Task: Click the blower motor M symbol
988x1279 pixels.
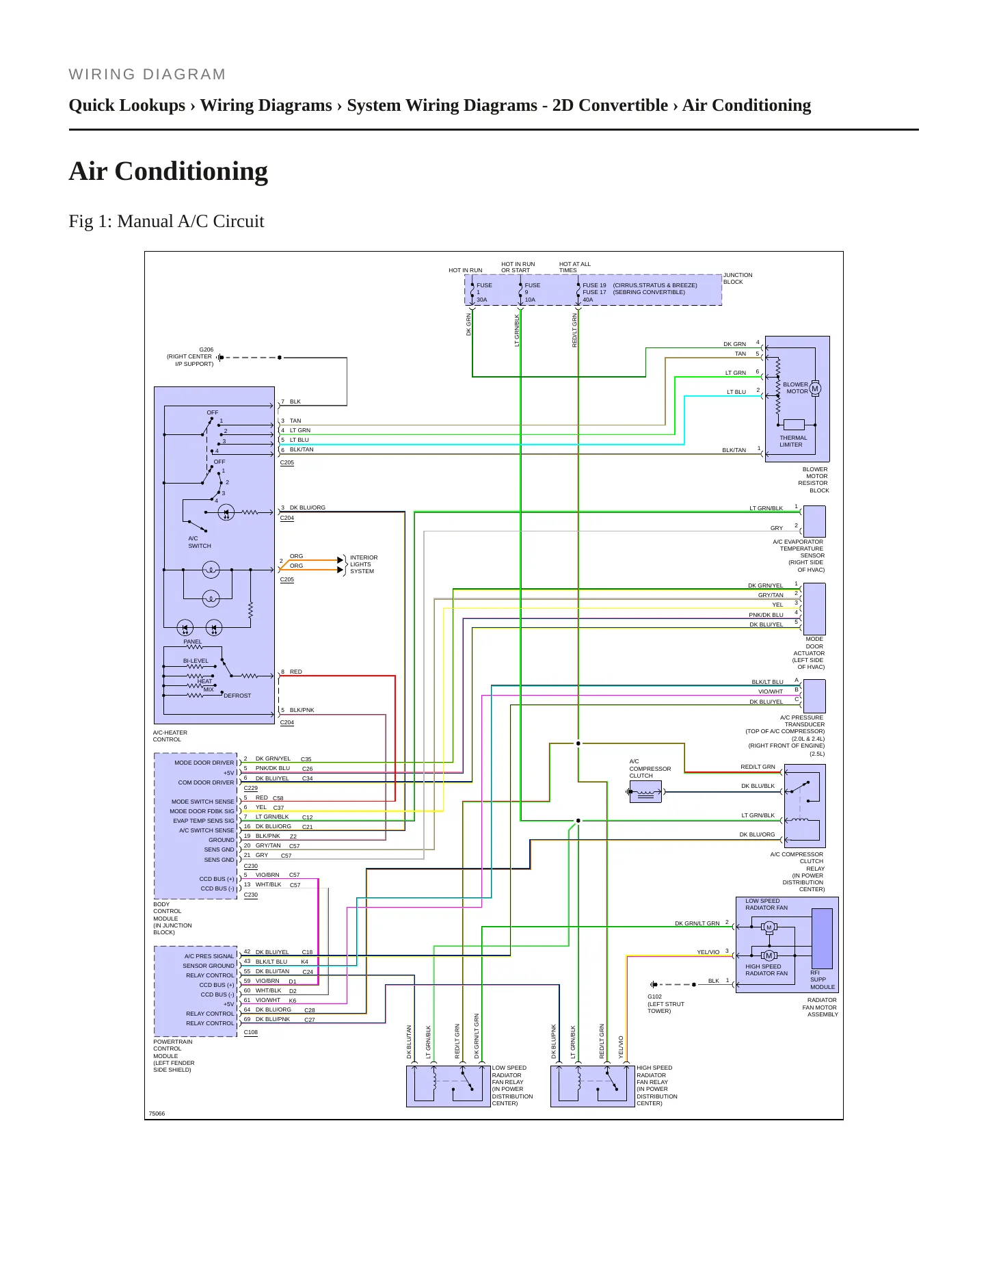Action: [814, 388]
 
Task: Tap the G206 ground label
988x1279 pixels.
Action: [206, 350]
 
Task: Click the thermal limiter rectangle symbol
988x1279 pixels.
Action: [794, 425]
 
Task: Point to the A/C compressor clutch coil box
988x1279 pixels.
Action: [645, 792]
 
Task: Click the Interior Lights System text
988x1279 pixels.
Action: [364, 564]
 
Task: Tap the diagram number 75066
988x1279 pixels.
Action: [157, 1113]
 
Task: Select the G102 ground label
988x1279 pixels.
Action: [655, 997]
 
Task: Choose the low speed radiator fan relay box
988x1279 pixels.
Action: [449, 1086]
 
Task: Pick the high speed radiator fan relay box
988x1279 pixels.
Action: [593, 1086]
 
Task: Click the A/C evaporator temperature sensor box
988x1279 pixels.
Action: [814, 521]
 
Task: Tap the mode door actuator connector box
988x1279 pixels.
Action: [814, 609]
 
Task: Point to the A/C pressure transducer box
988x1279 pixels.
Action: [814, 696]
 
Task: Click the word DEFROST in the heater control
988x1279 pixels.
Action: [237, 696]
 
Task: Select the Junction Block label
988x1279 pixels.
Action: [738, 278]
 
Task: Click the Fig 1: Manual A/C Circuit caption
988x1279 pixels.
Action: [166, 222]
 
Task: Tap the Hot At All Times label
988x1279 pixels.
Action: [575, 267]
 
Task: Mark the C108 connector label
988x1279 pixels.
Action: [251, 1033]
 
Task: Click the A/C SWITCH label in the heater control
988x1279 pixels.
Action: [200, 542]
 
